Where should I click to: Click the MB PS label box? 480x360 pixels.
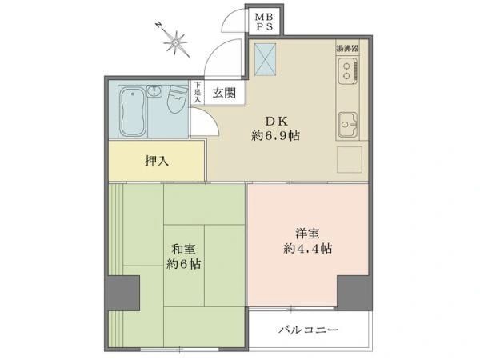[x=264, y=21]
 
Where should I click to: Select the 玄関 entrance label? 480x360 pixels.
[x=224, y=93]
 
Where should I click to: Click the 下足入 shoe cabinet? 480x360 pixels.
[x=198, y=93]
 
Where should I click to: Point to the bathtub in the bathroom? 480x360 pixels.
[x=133, y=112]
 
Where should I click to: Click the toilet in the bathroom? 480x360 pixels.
[x=178, y=98]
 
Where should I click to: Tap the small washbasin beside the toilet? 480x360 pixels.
[x=154, y=91]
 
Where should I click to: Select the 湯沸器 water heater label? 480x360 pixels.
[x=347, y=48]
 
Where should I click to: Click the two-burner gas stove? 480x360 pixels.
[x=348, y=71]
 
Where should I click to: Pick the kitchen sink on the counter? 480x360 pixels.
[x=347, y=124]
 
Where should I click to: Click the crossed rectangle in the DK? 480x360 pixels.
[x=265, y=59]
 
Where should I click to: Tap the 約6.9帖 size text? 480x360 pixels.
[x=275, y=135]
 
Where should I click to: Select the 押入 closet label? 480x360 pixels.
[x=157, y=161]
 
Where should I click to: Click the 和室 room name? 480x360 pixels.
[x=183, y=249]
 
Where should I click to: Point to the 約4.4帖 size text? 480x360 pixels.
[x=308, y=248]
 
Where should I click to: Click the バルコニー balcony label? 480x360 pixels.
[x=309, y=330]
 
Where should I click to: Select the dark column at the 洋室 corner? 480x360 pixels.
[x=354, y=293]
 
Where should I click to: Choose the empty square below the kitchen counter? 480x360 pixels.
[x=350, y=159]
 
